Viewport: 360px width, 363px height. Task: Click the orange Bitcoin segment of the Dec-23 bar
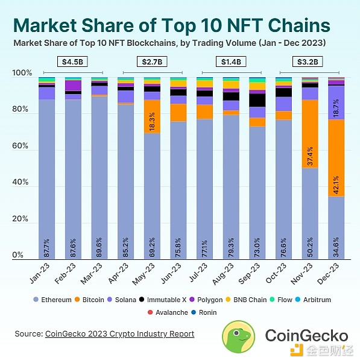[336, 157]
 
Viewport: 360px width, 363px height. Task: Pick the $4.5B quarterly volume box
[72, 62]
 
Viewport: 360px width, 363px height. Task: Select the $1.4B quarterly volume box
[230, 62]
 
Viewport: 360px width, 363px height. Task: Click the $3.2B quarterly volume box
[309, 62]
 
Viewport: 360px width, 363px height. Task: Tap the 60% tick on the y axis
[21, 147]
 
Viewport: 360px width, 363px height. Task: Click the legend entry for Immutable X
[162, 299]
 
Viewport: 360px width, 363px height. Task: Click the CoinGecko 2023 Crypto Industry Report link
[119, 333]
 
